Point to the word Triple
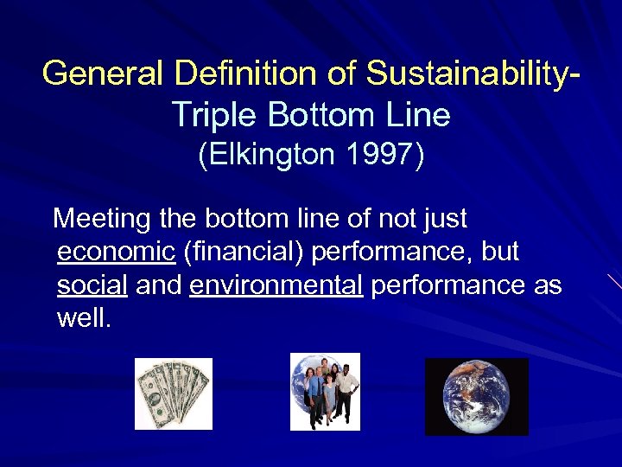[x=216, y=113]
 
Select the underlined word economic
[x=116, y=252]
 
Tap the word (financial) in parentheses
[x=243, y=252]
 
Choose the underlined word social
[x=92, y=285]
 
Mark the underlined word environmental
[x=276, y=285]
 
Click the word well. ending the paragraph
[x=84, y=317]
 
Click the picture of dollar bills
[x=173, y=393]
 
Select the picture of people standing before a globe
[x=325, y=392]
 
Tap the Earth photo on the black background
[x=476, y=396]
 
